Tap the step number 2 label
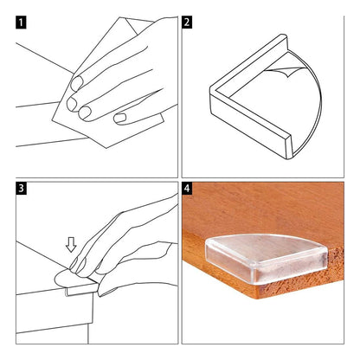[187, 22]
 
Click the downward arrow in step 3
[71, 246]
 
